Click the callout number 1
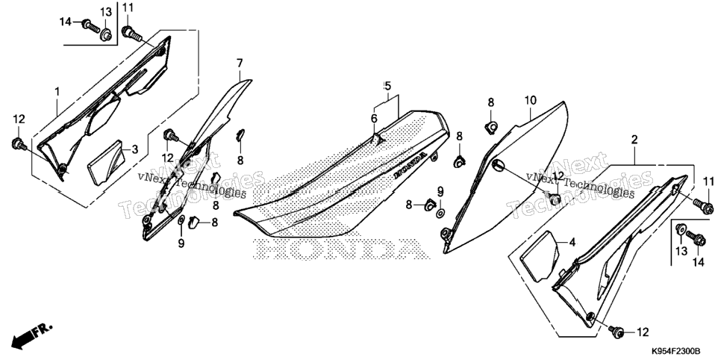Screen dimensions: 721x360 57,92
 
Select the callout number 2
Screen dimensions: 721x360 634,140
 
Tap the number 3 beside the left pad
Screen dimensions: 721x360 135,149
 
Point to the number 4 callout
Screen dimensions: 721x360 572,242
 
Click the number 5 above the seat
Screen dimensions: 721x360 387,86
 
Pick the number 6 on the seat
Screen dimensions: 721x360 374,119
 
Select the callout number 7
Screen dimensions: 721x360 240,63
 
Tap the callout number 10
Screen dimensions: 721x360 530,100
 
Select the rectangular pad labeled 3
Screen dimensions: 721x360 106,162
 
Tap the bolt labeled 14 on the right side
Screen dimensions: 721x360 696,238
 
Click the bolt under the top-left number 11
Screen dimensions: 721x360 132,33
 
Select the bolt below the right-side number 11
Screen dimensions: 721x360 704,203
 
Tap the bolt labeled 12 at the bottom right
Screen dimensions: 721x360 617,330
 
